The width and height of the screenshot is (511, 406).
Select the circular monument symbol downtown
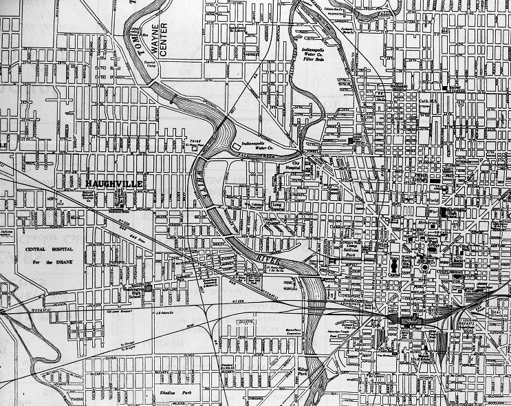pyautogui.click(x=426, y=266)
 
